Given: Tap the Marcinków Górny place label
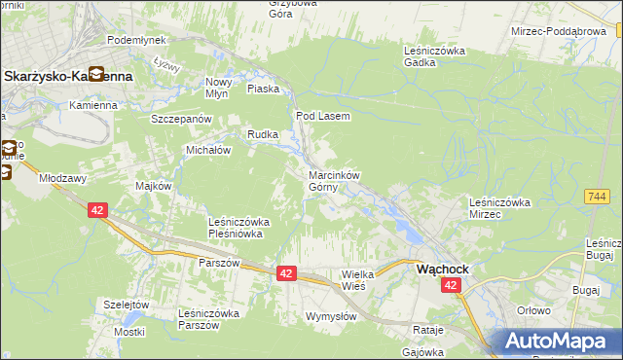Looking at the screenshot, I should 334,181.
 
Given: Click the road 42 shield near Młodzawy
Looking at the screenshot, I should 96,209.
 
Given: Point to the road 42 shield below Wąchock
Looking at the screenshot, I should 450,285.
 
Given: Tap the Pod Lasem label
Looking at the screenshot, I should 322,116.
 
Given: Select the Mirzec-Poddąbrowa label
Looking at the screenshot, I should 560,31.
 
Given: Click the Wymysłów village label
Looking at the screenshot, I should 331,316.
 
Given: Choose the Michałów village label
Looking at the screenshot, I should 207,151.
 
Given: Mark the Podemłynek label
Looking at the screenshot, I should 136,39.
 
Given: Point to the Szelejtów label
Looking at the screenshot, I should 126,305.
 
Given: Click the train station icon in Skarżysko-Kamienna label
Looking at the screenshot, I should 97,74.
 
